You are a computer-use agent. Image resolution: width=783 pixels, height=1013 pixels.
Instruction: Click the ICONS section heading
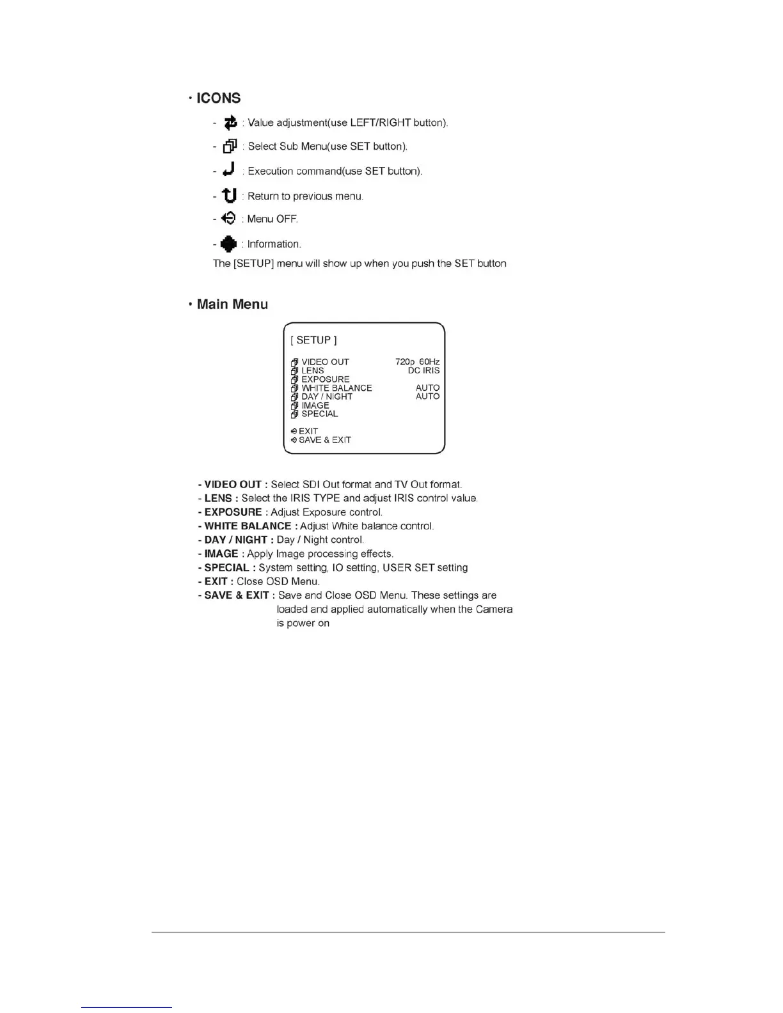(218, 98)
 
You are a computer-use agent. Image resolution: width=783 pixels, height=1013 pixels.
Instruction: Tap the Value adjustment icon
(230, 122)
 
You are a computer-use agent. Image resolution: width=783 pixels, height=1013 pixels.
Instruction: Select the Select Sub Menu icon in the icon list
(230, 146)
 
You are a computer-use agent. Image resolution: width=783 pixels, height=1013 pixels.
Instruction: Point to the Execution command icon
(229, 170)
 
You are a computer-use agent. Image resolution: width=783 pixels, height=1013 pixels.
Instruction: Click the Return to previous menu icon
(229, 195)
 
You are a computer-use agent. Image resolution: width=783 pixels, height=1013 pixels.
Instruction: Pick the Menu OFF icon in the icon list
(228, 219)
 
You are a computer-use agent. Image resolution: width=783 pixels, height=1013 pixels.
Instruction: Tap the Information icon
(228, 244)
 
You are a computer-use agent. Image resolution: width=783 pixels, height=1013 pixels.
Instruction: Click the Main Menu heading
(232, 304)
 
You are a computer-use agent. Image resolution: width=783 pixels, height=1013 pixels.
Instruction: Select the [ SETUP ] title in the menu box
(313, 340)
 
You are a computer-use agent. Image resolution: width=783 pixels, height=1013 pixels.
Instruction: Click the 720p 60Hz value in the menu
(417, 362)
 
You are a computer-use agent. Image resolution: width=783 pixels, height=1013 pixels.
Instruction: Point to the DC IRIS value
(423, 371)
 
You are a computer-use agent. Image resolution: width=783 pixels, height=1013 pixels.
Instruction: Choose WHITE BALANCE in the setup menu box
(336, 388)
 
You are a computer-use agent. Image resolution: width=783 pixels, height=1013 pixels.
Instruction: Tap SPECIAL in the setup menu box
(319, 414)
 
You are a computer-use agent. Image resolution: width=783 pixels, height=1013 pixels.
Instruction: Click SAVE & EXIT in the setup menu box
(324, 440)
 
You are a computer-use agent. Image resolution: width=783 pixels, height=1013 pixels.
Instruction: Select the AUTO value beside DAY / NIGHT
(427, 397)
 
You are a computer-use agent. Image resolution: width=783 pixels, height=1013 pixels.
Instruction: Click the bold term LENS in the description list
(218, 498)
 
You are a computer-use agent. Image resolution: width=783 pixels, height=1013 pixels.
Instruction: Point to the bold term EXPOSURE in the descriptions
(233, 512)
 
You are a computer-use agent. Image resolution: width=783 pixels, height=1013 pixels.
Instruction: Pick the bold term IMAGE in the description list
(221, 554)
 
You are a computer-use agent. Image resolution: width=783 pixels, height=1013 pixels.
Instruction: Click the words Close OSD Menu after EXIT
(278, 581)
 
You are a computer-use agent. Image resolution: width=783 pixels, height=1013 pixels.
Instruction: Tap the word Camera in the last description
(494, 609)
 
